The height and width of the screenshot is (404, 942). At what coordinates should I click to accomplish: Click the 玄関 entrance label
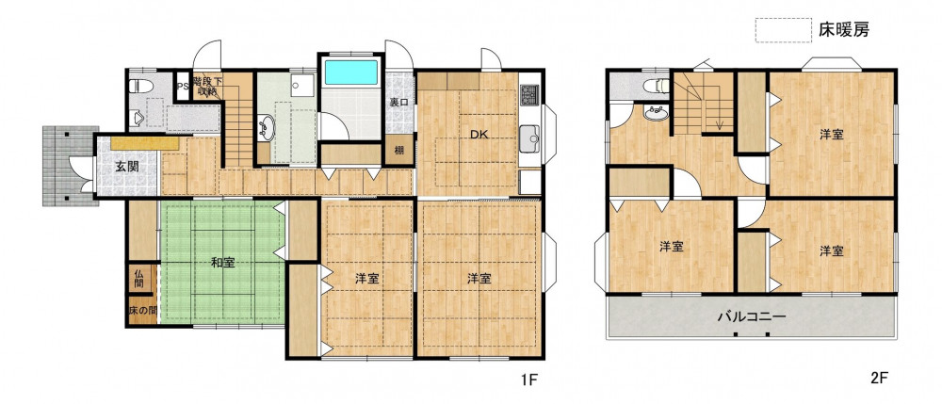click(x=127, y=167)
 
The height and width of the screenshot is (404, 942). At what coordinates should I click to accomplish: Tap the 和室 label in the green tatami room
click(x=222, y=263)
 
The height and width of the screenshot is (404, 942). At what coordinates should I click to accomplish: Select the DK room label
click(x=479, y=135)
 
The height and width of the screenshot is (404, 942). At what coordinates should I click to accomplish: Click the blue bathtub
click(x=350, y=72)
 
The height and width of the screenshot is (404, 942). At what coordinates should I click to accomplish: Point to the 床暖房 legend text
click(x=843, y=29)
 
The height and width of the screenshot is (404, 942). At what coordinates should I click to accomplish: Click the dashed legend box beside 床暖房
click(x=784, y=30)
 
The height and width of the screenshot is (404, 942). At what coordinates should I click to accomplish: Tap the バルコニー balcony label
click(x=752, y=316)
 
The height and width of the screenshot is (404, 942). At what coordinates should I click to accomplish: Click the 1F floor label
click(x=528, y=379)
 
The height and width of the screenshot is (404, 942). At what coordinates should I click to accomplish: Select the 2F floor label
click(x=879, y=379)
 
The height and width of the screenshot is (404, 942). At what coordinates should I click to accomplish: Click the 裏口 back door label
click(x=398, y=103)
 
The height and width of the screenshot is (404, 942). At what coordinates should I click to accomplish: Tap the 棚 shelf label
click(x=398, y=151)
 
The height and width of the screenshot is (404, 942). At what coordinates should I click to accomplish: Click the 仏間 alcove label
click(x=138, y=279)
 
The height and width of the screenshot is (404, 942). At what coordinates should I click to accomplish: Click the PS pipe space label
click(x=183, y=86)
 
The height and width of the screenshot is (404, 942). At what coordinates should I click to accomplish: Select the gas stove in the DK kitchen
click(x=529, y=93)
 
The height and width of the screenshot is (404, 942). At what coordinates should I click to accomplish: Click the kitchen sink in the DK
click(x=529, y=139)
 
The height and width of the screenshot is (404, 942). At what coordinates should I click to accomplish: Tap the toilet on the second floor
click(x=656, y=86)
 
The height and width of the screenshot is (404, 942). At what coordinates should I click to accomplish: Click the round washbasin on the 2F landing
click(x=656, y=112)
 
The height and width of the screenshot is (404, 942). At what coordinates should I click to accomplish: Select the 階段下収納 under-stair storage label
click(x=206, y=86)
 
